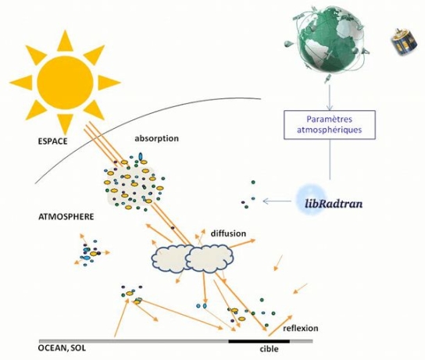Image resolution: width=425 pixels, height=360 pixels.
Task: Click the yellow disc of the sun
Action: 65,83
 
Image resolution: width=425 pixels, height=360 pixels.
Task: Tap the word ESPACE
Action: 52,141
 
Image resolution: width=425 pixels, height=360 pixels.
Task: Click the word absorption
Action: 157,138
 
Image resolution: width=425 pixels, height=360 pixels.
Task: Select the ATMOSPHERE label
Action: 66,217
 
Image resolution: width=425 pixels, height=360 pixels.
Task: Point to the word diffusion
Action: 228,233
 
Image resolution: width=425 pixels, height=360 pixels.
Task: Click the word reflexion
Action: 301,328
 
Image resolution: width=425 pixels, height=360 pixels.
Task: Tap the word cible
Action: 269,349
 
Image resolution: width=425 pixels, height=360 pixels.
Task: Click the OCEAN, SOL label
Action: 62,348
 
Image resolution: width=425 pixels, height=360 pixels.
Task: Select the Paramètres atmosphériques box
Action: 330,125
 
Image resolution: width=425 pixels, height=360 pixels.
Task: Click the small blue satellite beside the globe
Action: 404,42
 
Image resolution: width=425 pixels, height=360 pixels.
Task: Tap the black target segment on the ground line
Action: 259,341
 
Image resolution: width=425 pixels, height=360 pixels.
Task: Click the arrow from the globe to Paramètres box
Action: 330,98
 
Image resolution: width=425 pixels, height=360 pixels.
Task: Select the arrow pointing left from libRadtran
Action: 277,201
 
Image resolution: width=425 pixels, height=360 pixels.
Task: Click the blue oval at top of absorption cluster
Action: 141,156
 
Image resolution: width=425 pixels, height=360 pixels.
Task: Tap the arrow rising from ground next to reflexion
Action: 280,326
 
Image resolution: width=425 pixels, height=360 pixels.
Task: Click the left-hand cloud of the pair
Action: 169,258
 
